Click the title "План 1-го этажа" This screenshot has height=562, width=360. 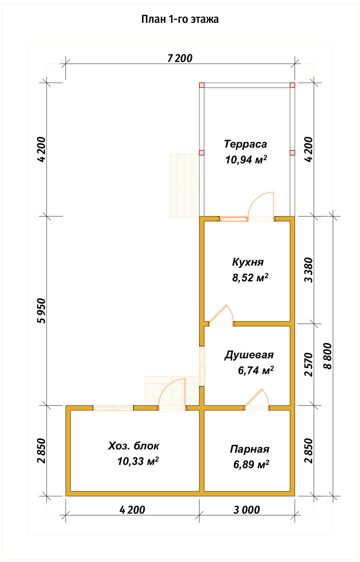click(x=180, y=19)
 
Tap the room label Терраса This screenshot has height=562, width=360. click(x=246, y=144)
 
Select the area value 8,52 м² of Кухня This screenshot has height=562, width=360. click(x=250, y=278)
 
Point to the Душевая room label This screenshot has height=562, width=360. click(x=249, y=355)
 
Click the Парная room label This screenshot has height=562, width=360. click(x=250, y=449)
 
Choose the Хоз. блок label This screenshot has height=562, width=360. click(x=134, y=446)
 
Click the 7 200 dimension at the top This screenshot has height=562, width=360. click(x=180, y=58)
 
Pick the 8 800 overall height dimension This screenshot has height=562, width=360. click(x=327, y=356)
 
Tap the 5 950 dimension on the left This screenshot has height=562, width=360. click(x=41, y=311)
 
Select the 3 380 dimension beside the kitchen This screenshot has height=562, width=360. click(x=309, y=270)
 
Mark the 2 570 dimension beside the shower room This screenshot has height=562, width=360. click(x=309, y=364)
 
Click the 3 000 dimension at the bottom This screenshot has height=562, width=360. click(x=247, y=510)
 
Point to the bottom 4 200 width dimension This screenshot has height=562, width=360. click(x=132, y=510)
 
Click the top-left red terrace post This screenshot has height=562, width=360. click(x=202, y=85)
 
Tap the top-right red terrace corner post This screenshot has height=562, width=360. click(x=292, y=85)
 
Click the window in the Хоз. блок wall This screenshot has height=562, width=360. click(x=113, y=408)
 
